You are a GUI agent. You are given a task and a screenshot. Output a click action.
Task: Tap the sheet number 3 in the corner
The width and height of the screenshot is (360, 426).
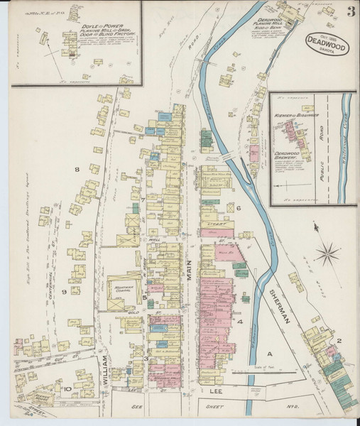(351, 11)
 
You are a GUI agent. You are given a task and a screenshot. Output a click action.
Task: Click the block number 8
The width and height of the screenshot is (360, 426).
(77, 170)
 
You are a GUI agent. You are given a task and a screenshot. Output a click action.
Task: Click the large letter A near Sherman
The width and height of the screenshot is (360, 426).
(269, 353)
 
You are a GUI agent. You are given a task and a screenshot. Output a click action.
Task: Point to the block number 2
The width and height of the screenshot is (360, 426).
(339, 341)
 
